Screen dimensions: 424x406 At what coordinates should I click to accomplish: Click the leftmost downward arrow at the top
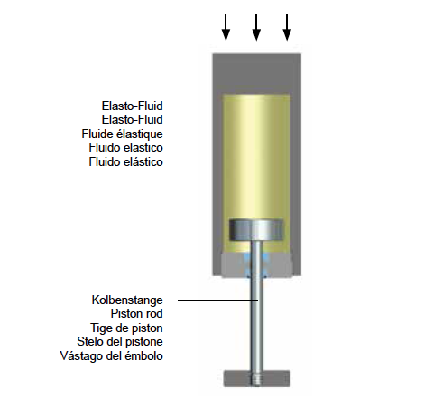click(226, 27)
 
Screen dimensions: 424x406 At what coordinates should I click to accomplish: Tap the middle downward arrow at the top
click(256, 27)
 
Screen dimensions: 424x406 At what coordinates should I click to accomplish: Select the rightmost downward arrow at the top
click(287, 27)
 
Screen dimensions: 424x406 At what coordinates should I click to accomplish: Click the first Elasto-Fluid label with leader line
click(133, 106)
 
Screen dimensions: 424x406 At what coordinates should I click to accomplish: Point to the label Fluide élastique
click(122, 134)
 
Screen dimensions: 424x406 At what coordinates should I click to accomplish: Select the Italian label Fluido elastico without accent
click(125, 148)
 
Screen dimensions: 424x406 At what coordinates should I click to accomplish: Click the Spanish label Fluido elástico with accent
click(125, 161)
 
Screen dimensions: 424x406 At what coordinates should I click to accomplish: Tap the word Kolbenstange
click(127, 300)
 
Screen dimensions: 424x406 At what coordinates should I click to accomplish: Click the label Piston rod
click(137, 314)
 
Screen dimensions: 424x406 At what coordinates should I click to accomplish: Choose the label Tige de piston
click(126, 328)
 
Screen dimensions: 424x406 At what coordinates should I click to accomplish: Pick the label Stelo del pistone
click(120, 342)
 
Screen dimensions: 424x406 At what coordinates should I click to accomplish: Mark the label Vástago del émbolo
click(112, 355)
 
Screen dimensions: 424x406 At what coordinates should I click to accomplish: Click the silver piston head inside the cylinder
click(256, 230)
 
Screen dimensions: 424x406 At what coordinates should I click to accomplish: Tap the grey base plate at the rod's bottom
click(256, 379)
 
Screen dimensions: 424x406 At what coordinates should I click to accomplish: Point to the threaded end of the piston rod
click(256, 379)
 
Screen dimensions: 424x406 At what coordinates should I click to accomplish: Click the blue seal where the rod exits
click(256, 264)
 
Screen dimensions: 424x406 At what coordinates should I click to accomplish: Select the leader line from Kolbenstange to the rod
click(218, 300)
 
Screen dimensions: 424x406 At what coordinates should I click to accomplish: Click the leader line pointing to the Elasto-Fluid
click(207, 106)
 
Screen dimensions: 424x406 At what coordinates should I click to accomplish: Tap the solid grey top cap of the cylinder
click(257, 74)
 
